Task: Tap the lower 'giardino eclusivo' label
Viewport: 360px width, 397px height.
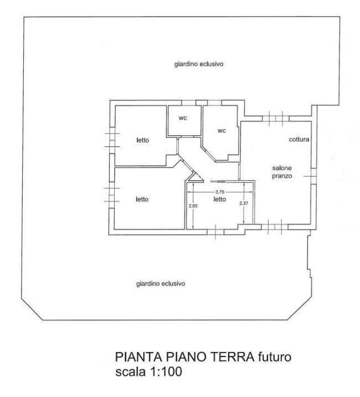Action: (160, 283)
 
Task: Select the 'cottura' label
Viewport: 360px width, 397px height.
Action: (299, 140)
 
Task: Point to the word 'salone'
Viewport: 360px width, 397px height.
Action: (281, 168)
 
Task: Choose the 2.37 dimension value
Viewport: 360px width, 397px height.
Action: (243, 203)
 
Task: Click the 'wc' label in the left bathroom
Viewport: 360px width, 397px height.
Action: (183, 118)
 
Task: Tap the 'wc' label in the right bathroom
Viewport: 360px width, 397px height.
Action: (222, 131)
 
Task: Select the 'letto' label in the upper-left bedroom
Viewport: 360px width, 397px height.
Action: (142, 140)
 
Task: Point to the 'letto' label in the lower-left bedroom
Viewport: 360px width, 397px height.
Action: (142, 199)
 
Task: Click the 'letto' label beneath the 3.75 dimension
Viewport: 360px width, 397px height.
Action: (220, 199)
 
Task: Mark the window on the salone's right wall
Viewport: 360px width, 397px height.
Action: (314, 176)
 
